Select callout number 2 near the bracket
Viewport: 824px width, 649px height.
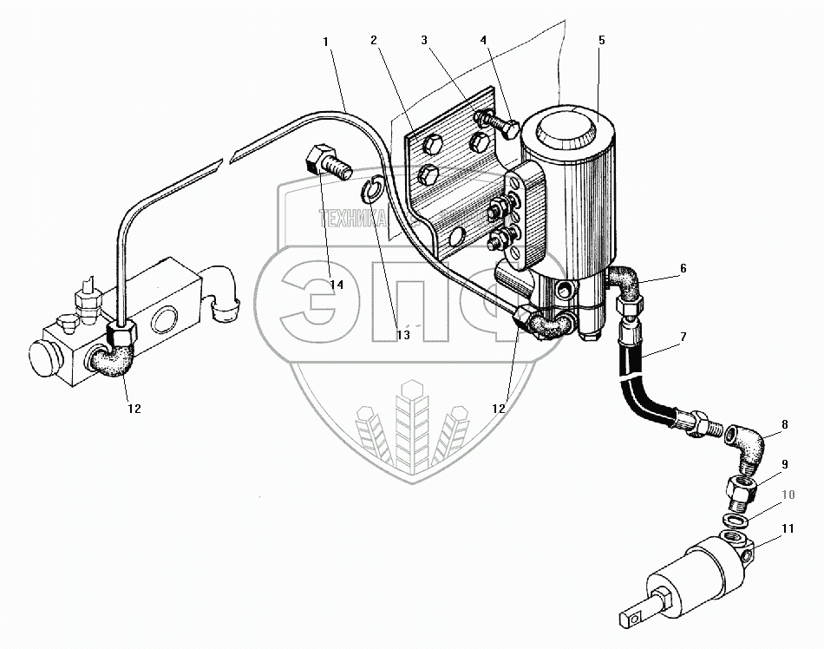(373, 41)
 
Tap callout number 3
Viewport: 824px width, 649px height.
(425, 41)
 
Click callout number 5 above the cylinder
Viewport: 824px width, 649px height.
(601, 41)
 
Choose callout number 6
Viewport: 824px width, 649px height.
(683, 268)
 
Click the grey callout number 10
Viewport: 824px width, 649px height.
(788, 495)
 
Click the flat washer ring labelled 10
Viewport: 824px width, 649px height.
(735, 519)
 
